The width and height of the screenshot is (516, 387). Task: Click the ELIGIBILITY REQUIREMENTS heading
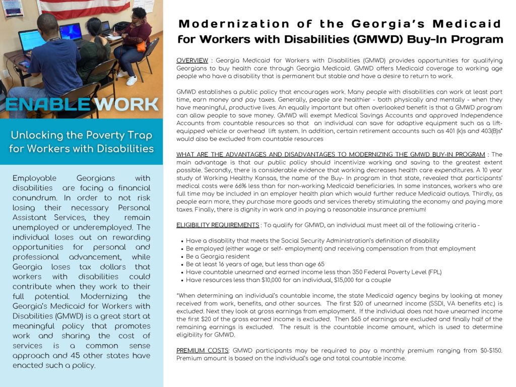(x=218, y=225)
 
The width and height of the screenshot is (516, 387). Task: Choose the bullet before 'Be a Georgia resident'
(x=181, y=256)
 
